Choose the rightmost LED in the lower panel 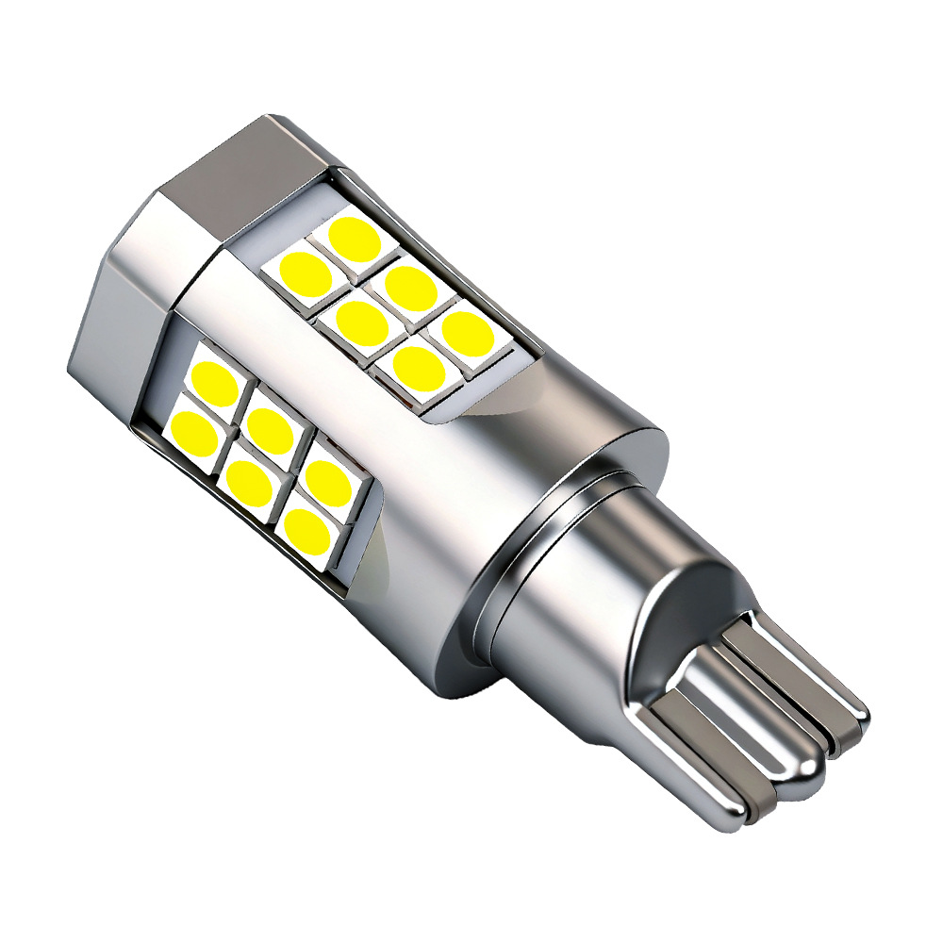329,481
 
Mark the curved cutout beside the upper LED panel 509,396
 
